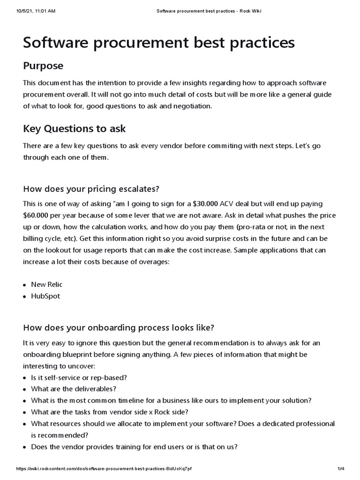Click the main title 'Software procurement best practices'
click(x=159, y=43)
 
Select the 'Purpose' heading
click(x=43, y=66)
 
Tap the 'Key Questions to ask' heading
click(x=74, y=128)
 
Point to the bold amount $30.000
click(x=205, y=204)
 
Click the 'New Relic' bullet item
click(x=46, y=285)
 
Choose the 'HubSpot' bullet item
click(x=45, y=296)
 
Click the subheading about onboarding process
click(x=119, y=327)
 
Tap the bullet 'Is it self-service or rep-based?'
click(x=79, y=377)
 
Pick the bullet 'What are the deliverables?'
click(x=74, y=389)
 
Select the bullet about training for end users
click(x=134, y=447)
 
